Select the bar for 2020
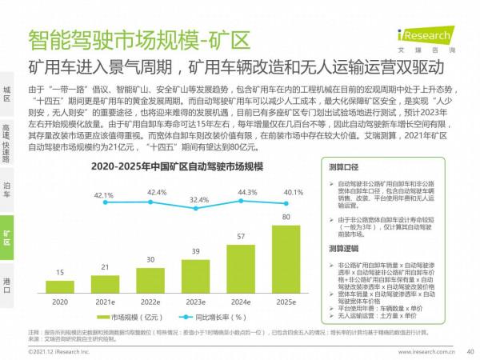pyautogui.click(x=60, y=286)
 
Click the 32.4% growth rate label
pyautogui.click(x=196, y=199)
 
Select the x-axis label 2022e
pyautogui.click(x=150, y=303)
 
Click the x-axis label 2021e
pyautogui.click(x=105, y=303)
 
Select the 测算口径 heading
pyautogui.click(x=345, y=168)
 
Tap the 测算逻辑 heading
pyautogui.click(x=345, y=249)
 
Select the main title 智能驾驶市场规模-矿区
pyautogui.click(x=138, y=38)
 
